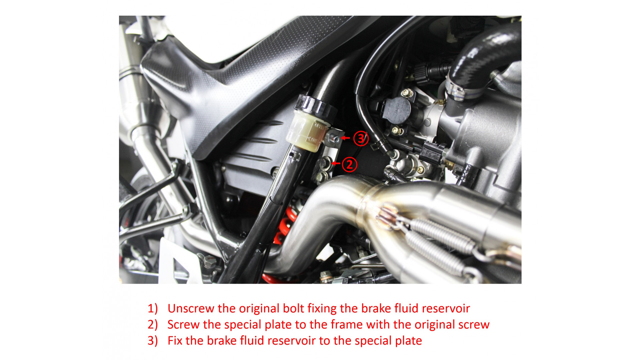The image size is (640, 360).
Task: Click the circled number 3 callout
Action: coord(361,138)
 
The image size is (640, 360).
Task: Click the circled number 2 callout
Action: coord(349,164)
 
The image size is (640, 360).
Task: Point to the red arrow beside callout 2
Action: coord(336,163)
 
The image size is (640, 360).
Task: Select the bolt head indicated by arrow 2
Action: coord(324,163)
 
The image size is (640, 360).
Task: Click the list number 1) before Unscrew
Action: coord(153,309)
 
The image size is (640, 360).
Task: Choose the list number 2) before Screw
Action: coord(153,325)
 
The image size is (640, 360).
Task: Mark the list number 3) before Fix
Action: coord(153,341)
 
